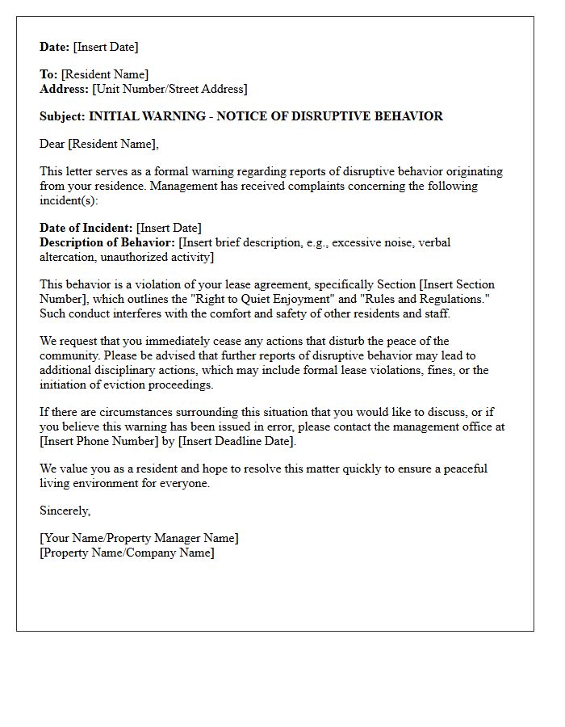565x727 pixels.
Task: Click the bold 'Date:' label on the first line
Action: pyautogui.click(x=55, y=47)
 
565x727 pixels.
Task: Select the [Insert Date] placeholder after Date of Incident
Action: pyautogui.click(x=169, y=228)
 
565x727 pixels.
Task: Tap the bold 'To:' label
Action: pyautogui.click(x=48, y=74)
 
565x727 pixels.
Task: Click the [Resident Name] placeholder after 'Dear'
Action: pyautogui.click(x=113, y=144)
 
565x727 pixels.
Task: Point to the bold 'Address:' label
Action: pyautogui.click(x=65, y=89)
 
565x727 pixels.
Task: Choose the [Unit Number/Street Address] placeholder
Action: pyautogui.click(x=170, y=89)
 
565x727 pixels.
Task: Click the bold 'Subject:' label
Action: pyautogui.click(x=63, y=116)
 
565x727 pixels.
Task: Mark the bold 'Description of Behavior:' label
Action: pyautogui.click(x=107, y=242)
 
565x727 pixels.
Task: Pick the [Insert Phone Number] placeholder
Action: pyautogui.click(x=98, y=441)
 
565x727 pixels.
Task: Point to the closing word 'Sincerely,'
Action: pyautogui.click(x=65, y=511)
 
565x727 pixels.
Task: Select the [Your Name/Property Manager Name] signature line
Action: pyautogui.click(x=139, y=538)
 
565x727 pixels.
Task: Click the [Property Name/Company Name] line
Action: pyautogui.click(x=127, y=553)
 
